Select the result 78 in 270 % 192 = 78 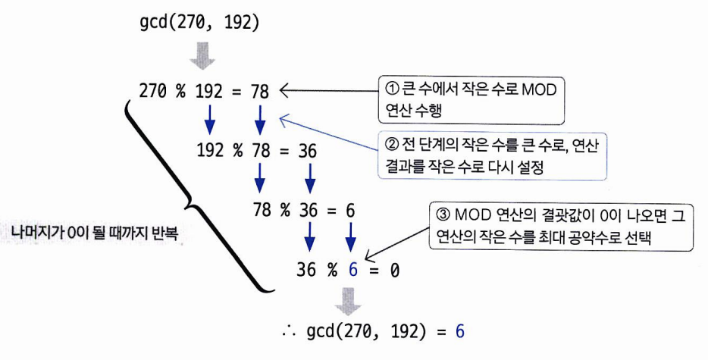coord(259,92)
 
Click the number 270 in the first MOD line coord(154,92)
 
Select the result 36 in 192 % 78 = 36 coord(308,152)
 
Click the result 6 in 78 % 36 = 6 coord(350,211)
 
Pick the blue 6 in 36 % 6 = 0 coord(351,270)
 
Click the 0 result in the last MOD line coord(394,270)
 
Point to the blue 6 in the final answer coord(459,331)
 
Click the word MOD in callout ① coord(539,90)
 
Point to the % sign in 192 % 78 coord(238,152)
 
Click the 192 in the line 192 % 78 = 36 coord(210,152)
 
